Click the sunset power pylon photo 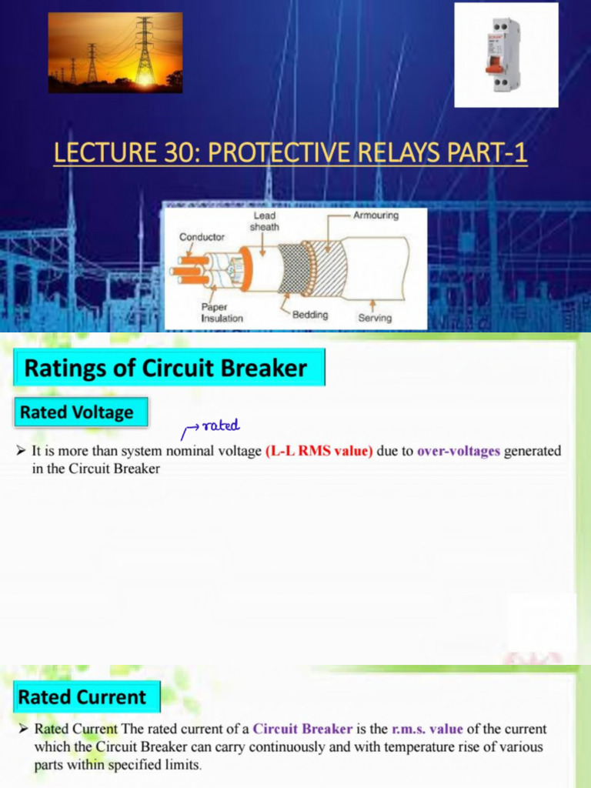point(115,52)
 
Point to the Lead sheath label point(264,222)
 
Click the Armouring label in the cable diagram point(376,215)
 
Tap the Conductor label point(202,237)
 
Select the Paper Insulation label point(222,312)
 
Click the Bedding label point(309,315)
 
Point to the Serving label point(375,317)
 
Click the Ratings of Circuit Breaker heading point(165,368)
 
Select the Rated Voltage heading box point(76,412)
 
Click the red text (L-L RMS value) point(319,451)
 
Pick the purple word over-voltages point(459,451)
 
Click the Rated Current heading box point(82,697)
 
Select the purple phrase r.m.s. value point(427,729)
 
